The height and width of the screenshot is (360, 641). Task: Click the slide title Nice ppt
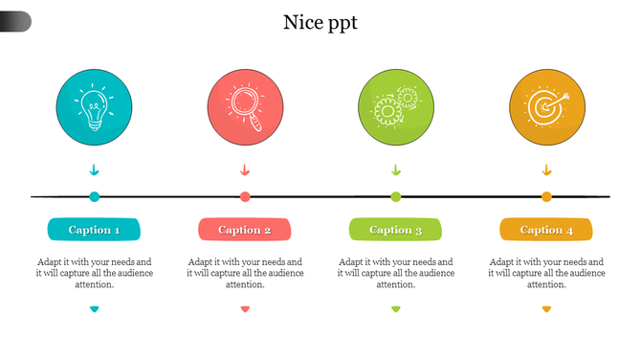click(320, 23)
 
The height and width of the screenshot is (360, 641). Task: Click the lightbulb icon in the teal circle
click(94, 106)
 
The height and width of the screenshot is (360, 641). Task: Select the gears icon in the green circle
click(396, 106)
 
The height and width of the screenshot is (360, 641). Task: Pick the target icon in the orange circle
click(546, 106)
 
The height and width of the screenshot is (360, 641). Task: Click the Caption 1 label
click(94, 230)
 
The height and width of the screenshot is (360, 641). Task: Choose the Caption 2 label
click(245, 230)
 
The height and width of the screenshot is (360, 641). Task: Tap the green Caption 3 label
click(396, 230)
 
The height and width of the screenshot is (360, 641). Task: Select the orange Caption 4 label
click(546, 230)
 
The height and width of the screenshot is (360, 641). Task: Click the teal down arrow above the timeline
click(94, 170)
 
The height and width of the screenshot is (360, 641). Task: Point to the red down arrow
click(245, 170)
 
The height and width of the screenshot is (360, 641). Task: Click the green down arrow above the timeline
click(396, 170)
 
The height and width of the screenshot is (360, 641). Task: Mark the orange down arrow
click(546, 170)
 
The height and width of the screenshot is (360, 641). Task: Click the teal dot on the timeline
click(94, 197)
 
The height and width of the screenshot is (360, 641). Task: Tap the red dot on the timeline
click(245, 197)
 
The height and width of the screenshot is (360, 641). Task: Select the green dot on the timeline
click(396, 197)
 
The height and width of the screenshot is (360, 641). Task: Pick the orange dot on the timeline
click(546, 197)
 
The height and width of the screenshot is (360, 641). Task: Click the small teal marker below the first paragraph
click(94, 308)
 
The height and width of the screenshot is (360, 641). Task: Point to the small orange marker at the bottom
click(546, 308)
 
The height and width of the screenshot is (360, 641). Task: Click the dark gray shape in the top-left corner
click(14, 21)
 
